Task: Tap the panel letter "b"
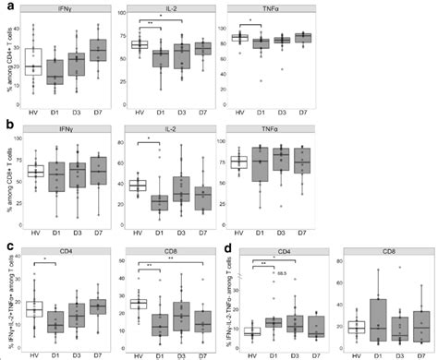point(6,123)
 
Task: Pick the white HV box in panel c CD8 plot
point(138,304)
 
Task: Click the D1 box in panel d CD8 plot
point(378,322)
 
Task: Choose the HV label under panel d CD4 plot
point(251,354)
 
